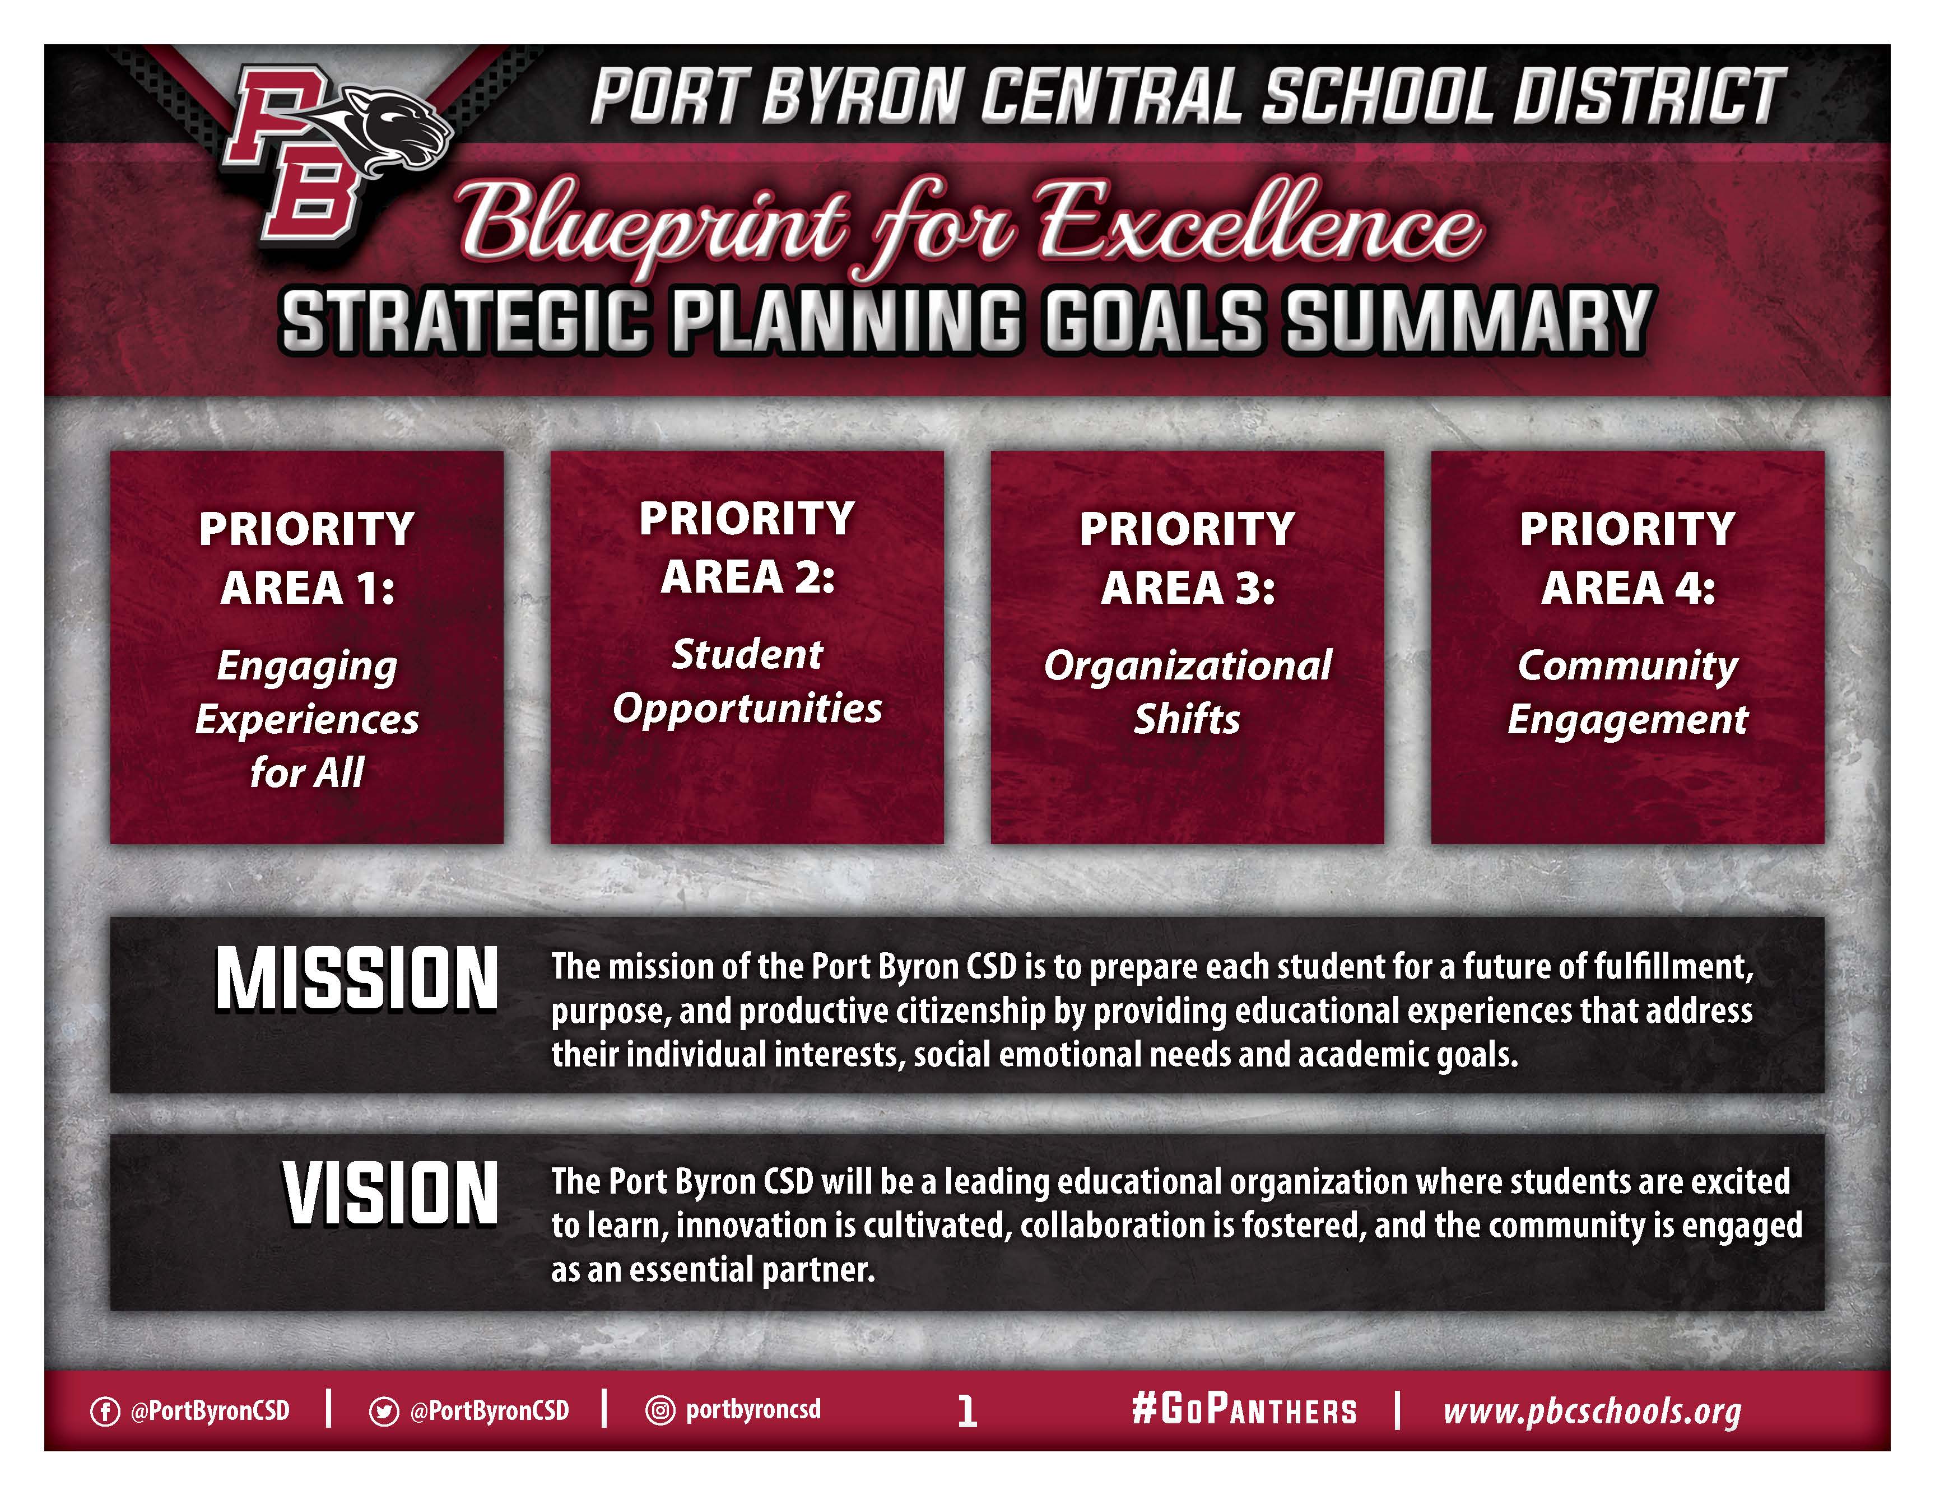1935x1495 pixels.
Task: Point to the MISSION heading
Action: pyautogui.click(x=357, y=979)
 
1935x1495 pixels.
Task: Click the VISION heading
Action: pyautogui.click(x=390, y=1194)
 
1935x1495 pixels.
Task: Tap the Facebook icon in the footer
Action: pyautogui.click(x=105, y=1411)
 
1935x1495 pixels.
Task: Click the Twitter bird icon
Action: pyautogui.click(x=384, y=1411)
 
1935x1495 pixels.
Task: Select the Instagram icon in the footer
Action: pyautogui.click(x=660, y=1410)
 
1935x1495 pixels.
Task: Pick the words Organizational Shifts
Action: pyautogui.click(x=1187, y=692)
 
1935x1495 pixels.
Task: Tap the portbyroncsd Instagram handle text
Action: pyautogui.click(x=753, y=1410)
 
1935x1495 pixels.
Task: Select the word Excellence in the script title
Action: pyautogui.click(x=1258, y=221)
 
